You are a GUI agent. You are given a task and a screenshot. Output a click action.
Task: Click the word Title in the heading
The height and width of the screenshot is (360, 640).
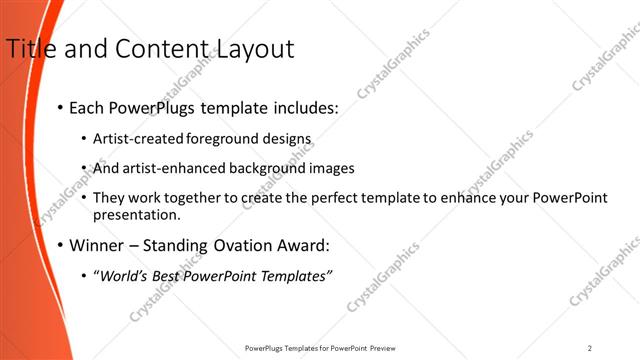coord(29,48)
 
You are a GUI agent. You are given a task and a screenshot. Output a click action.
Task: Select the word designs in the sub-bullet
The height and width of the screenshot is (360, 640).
coord(288,139)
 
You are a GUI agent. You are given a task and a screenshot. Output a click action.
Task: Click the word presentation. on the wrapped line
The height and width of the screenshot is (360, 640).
coord(136,214)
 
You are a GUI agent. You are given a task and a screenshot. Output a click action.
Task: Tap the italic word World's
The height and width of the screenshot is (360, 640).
coord(124,275)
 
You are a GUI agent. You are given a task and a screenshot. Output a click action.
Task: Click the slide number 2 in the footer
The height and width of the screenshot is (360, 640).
coord(590,348)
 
